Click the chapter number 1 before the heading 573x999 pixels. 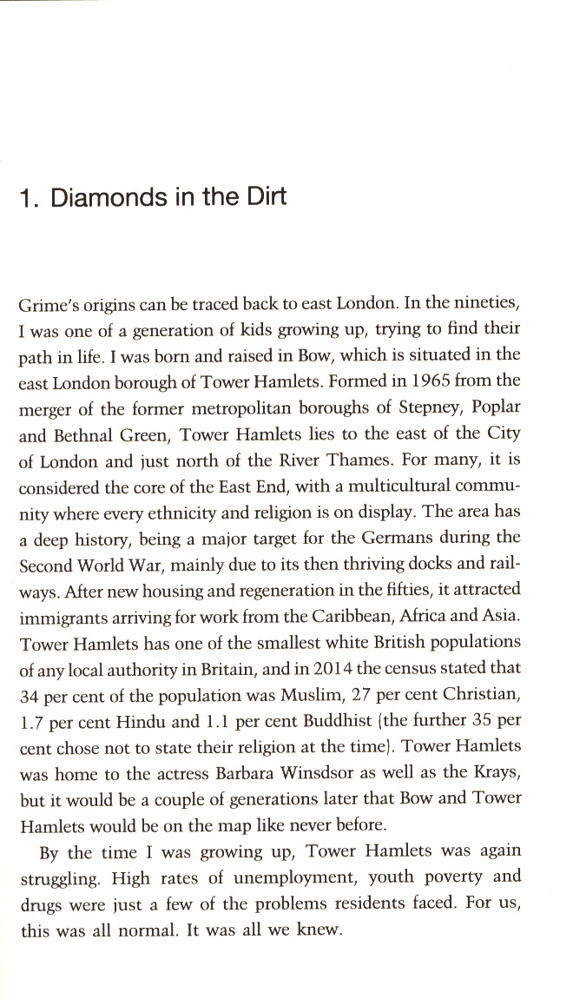[x=26, y=198]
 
